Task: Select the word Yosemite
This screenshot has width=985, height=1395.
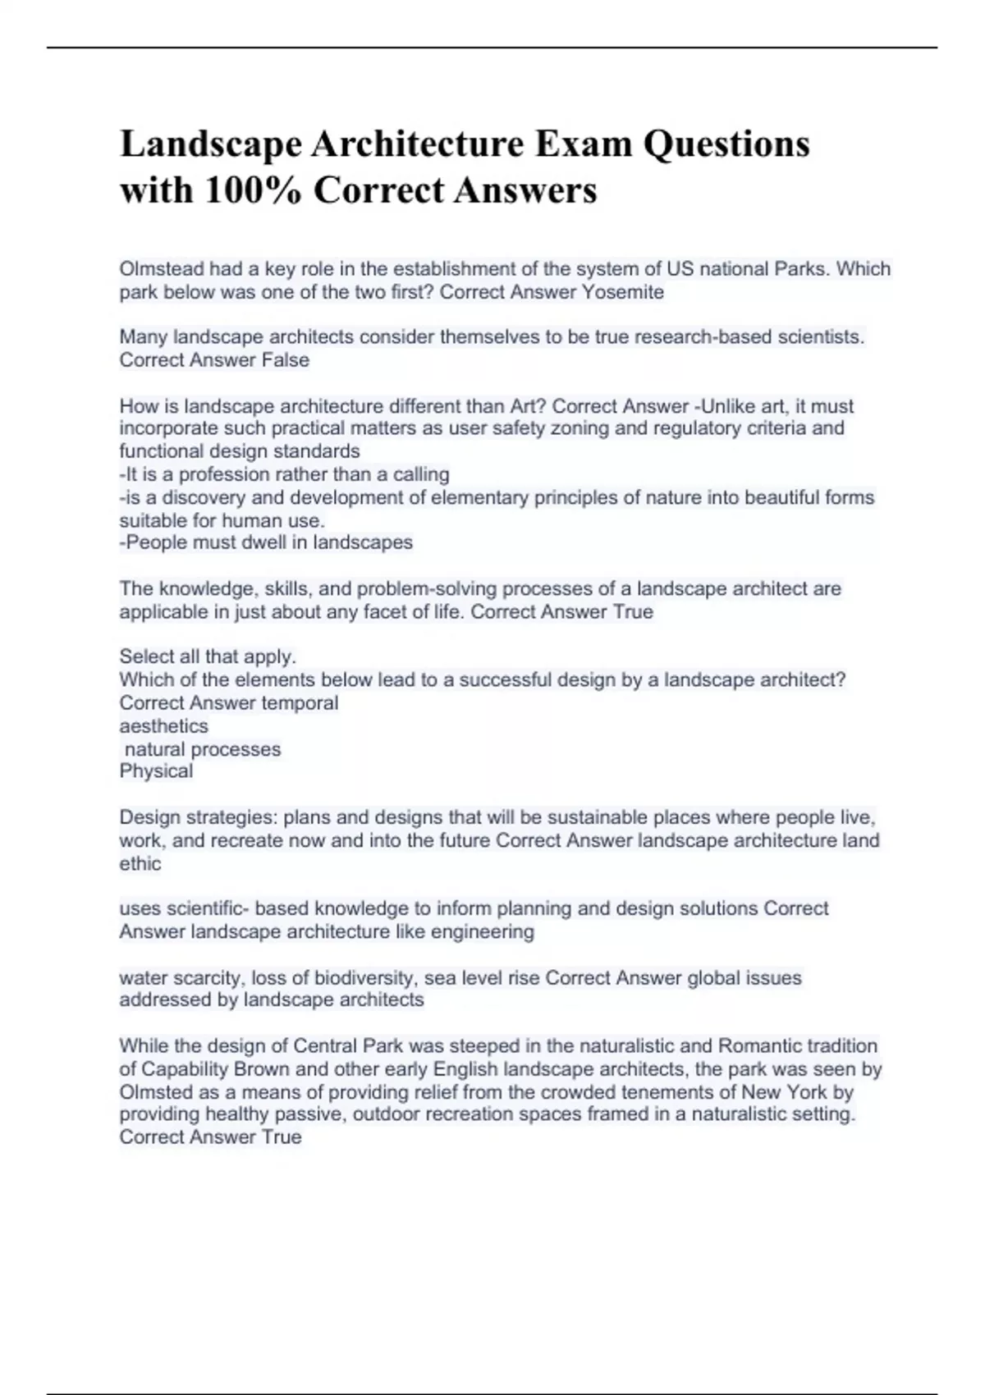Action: (622, 292)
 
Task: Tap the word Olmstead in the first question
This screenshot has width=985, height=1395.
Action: (161, 269)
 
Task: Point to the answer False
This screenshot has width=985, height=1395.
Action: (285, 360)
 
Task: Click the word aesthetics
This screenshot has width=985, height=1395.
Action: (163, 726)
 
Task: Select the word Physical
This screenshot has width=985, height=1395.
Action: (156, 771)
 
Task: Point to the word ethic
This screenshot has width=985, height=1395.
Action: (140, 863)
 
